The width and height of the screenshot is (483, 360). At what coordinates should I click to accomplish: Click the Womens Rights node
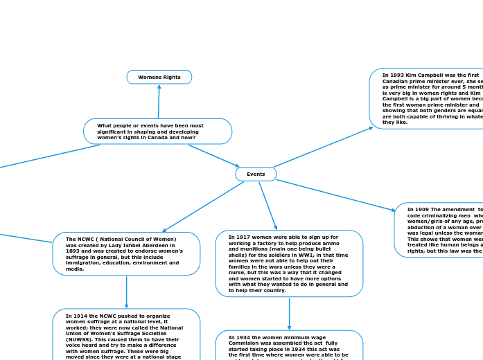(159, 77)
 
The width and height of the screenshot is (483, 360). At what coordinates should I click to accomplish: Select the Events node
(256, 174)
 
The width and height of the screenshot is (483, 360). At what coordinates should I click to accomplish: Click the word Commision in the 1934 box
(244, 343)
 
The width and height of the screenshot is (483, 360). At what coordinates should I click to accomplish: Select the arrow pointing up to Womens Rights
(159, 101)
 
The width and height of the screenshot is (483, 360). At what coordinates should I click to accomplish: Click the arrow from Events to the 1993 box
(323, 147)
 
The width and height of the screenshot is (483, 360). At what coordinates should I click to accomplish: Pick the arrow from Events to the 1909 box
(335, 195)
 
